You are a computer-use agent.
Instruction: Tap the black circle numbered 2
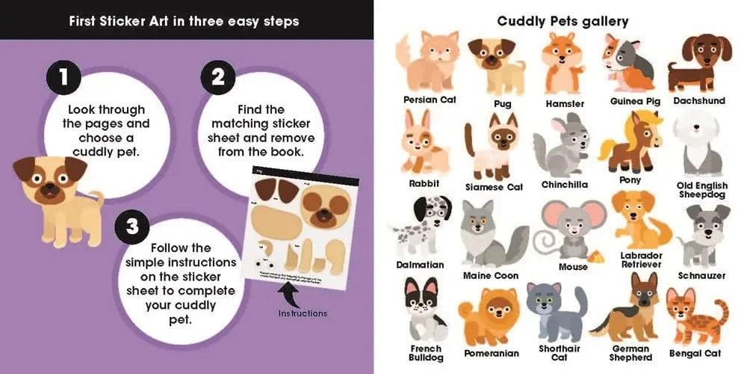(x=218, y=78)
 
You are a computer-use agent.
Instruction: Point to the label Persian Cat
(x=430, y=99)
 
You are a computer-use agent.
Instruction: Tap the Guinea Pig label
(x=635, y=100)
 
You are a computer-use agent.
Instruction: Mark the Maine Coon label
(x=490, y=275)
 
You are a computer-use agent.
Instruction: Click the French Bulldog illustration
(x=424, y=310)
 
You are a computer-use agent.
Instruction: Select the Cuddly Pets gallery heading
(x=562, y=21)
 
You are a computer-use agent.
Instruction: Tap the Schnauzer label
(x=701, y=275)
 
